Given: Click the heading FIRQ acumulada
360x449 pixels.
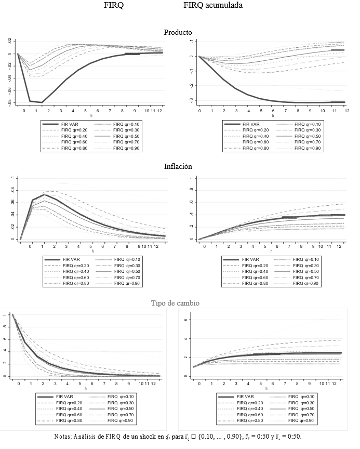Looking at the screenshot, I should (212, 5).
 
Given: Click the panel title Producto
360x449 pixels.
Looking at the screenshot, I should (178, 32).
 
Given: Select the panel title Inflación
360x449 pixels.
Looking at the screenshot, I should (178, 167).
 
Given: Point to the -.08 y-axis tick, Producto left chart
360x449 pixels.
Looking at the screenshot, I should (9, 103).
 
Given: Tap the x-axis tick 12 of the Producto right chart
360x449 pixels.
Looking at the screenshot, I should (345, 111).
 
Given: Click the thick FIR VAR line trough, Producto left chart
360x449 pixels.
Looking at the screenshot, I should (42, 102).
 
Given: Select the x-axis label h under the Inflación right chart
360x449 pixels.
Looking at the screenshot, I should (266, 252).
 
